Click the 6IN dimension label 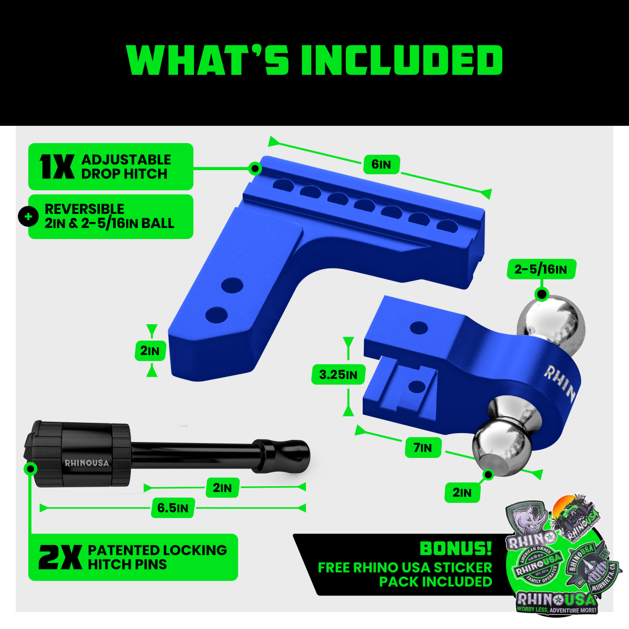381,165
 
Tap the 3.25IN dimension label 338,375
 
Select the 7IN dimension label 423,448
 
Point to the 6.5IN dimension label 173,508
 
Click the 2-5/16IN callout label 541,269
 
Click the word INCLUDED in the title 401,61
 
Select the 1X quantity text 57,167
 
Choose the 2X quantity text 60,558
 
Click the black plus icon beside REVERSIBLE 28,216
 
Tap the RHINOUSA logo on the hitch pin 87,463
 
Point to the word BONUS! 456,549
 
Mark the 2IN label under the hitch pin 222,488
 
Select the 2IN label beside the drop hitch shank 150,351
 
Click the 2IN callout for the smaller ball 462,493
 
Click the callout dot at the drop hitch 255,168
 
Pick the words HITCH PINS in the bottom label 127,565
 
